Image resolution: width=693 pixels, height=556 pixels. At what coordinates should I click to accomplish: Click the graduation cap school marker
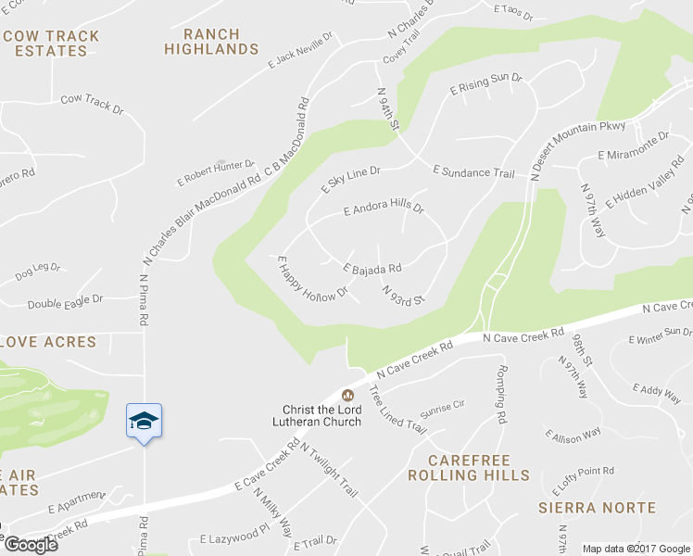(x=144, y=422)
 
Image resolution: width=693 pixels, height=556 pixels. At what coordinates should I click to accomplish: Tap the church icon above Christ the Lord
(x=348, y=396)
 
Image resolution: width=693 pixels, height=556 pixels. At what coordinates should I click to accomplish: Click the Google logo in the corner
(x=31, y=545)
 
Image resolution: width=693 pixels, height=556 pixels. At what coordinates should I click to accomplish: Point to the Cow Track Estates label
(x=51, y=44)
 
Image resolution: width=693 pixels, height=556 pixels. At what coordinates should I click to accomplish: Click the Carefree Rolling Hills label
(x=469, y=468)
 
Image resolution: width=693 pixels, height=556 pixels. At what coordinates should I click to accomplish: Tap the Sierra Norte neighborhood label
(x=598, y=508)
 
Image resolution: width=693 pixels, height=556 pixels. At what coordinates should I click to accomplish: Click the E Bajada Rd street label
(x=372, y=269)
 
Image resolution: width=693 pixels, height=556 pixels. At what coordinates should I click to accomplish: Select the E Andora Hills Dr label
(x=384, y=209)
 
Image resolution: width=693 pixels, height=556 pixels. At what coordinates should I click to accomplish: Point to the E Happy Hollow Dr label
(x=311, y=279)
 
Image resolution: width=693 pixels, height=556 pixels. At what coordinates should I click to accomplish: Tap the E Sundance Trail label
(x=472, y=172)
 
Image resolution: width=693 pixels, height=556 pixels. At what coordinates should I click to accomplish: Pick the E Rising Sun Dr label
(x=486, y=84)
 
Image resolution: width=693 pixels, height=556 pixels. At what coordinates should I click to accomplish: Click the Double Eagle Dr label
(x=64, y=302)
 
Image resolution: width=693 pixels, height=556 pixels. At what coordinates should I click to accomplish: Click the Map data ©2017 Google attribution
(x=636, y=549)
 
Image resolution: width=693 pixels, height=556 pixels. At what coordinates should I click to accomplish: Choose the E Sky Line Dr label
(x=351, y=179)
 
